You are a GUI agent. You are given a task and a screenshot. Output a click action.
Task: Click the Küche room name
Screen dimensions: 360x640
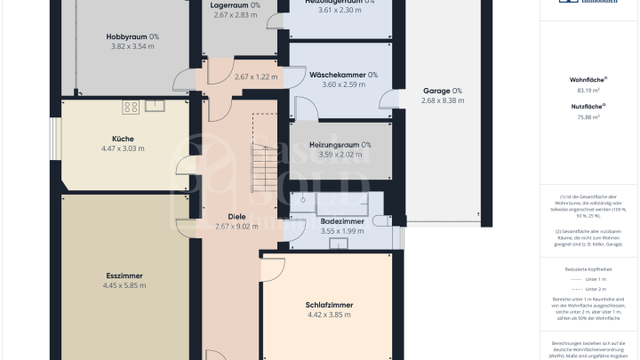[123, 139]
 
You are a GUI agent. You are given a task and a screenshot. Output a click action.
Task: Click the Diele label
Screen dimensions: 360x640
[236, 216]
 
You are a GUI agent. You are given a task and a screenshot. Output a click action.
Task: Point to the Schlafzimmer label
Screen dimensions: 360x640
[329, 305]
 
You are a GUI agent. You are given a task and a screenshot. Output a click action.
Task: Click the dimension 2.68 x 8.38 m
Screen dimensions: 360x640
[443, 100]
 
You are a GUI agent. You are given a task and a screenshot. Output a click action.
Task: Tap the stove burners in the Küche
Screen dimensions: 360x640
[131, 108]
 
